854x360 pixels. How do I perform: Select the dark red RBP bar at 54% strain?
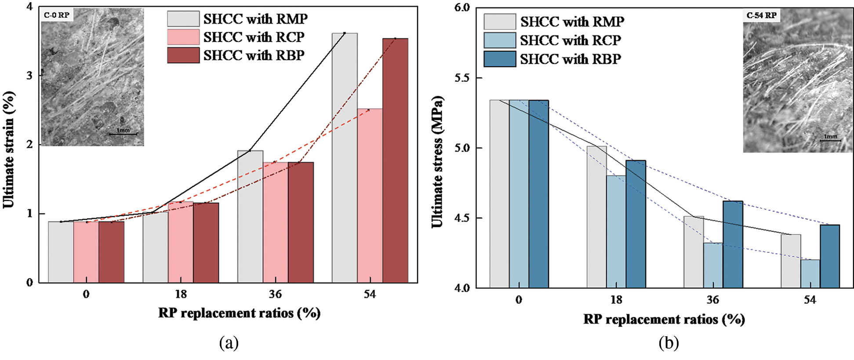coord(395,160)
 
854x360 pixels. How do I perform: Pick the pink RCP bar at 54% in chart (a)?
coord(370,196)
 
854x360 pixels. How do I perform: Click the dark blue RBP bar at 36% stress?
coord(733,244)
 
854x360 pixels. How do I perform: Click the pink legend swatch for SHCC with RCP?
coord(183,37)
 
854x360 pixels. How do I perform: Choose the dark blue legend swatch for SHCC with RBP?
coord(500,59)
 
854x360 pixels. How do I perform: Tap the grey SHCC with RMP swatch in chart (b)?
coord(500,22)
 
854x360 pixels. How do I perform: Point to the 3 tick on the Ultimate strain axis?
coord(29,75)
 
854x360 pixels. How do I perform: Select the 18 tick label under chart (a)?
coord(181,294)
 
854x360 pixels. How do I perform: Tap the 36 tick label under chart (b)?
coord(713,300)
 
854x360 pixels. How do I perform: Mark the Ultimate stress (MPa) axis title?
coord(437,162)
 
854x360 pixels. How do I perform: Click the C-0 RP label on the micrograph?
coord(57,15)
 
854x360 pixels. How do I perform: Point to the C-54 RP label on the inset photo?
coord(761,15)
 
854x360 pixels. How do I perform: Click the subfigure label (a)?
coord(229,342)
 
